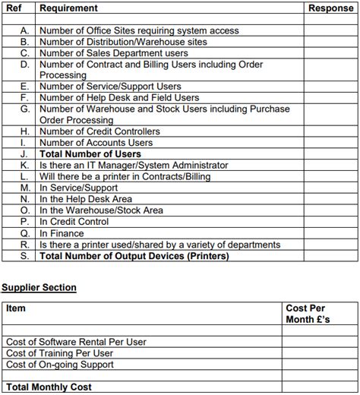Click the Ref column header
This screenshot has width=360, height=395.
click(14, 8)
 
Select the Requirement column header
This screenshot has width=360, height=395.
click(68, 8)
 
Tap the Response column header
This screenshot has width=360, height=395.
click(331, 8)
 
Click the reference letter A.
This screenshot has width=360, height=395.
click(24, 31)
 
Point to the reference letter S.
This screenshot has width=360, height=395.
click(24, 256)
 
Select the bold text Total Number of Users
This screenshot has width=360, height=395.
click(90, 154)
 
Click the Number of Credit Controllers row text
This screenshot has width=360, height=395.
click(99, 131)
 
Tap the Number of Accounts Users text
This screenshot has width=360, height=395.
click(96, 143)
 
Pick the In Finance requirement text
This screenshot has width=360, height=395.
click(62, 234)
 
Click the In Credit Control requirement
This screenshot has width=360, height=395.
click(74, 223)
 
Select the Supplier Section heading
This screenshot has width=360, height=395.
click(39, 288)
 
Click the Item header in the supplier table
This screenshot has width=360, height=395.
click(16, 308)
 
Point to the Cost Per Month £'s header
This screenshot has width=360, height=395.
click(308, 314)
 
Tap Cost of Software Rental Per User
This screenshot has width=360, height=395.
click(76, 342)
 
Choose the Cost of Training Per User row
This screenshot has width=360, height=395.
click(59, 353)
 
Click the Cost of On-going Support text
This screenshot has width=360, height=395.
click(60, 365)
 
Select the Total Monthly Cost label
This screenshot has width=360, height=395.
click(49, 387)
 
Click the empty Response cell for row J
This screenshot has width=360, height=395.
click(330, 154)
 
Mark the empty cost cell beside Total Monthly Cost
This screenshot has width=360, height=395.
click(319, 387)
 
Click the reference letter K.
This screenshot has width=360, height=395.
click(24, 165)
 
